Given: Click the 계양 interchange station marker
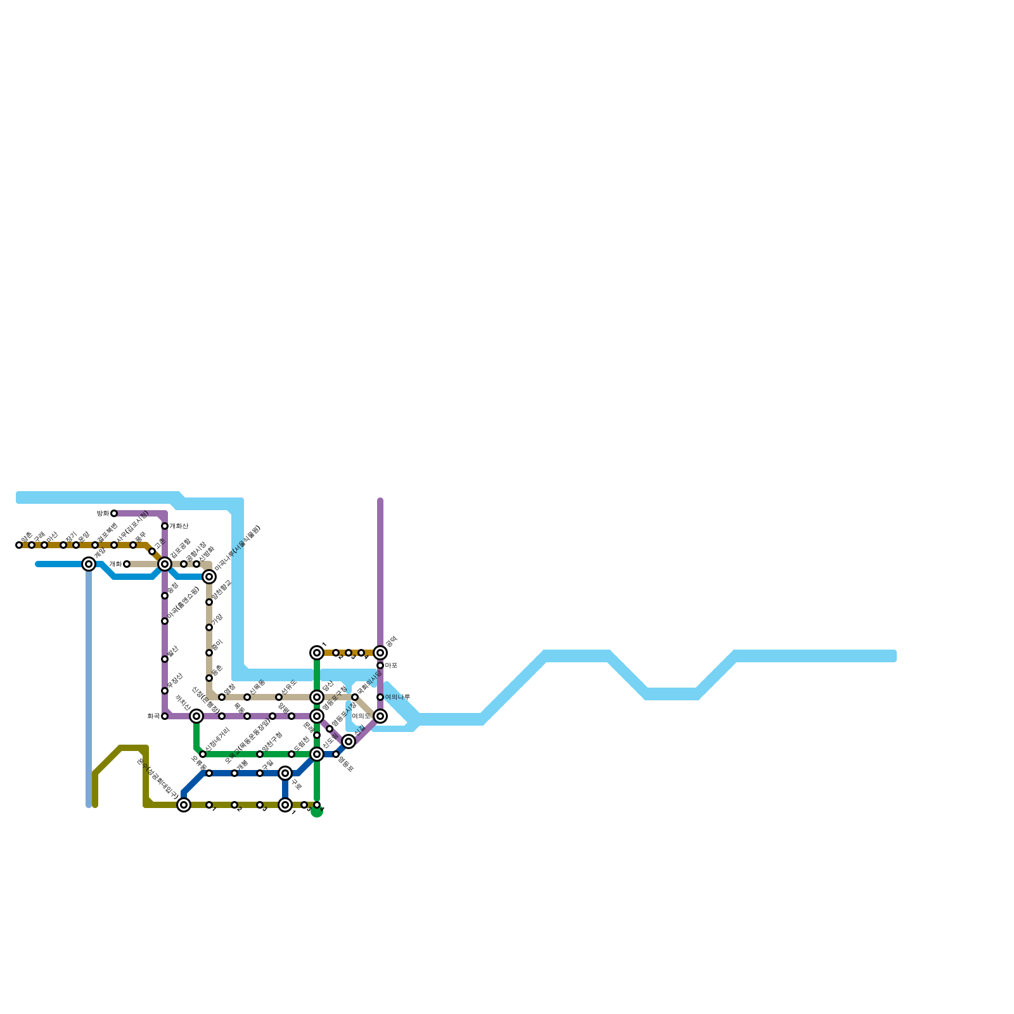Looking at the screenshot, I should coord(89,564).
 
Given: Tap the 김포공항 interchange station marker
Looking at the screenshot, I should coord(165,564).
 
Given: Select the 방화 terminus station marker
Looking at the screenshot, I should coord(114,513).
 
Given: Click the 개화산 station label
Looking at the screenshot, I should coord(179,526).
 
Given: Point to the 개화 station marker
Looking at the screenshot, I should coord(127,564).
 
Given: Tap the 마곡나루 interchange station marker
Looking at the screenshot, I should coord(209,577).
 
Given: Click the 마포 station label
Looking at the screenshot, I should coord(391,665).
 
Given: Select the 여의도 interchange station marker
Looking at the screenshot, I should coord(380,716).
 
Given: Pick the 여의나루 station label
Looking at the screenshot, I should coord(397,697).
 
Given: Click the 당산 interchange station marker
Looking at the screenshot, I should coord(317,697).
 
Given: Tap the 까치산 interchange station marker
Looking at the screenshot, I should coord(196,716).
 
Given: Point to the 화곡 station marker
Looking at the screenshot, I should coord(165,716).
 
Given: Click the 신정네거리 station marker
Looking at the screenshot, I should coord(203,754).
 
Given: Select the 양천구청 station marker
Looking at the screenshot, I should coord(260,754).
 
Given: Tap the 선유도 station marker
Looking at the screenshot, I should coord(279,697).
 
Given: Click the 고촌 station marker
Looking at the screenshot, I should coord(152,551).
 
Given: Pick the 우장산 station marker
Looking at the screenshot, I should coord(165,691).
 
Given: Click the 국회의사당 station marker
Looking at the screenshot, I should coord(355,697).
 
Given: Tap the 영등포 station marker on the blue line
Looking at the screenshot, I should coord(336,754).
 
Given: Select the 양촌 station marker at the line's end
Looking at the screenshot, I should coord(19,545).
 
